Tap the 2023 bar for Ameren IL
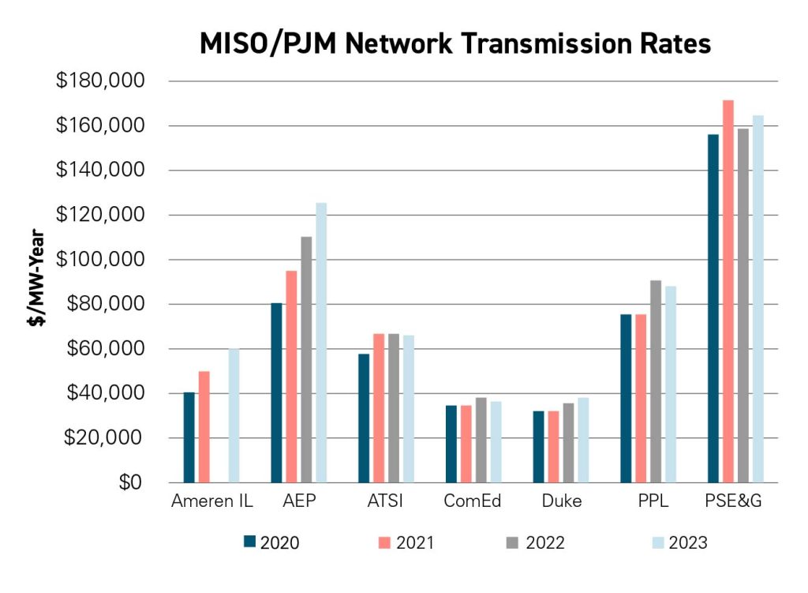click(x=234, y=415)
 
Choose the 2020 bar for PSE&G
click(x=713, y=308)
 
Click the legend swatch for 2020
click(x=250, y=542)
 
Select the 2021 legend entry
click(x=403, y=542)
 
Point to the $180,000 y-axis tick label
click(x=110, y=81)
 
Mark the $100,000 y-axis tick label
click(x=110, y=260)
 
